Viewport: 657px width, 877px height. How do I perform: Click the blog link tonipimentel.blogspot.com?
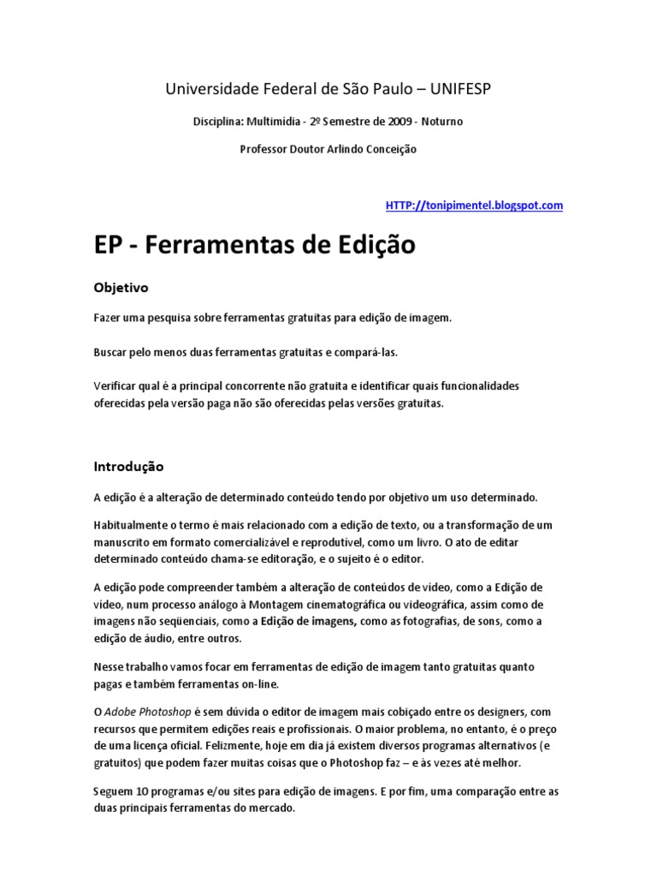474,206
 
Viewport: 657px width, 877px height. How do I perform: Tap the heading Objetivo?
121,288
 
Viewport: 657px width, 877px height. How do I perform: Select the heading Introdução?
128,467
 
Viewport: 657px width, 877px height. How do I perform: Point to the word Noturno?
441,122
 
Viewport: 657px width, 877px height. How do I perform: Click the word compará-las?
366,352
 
